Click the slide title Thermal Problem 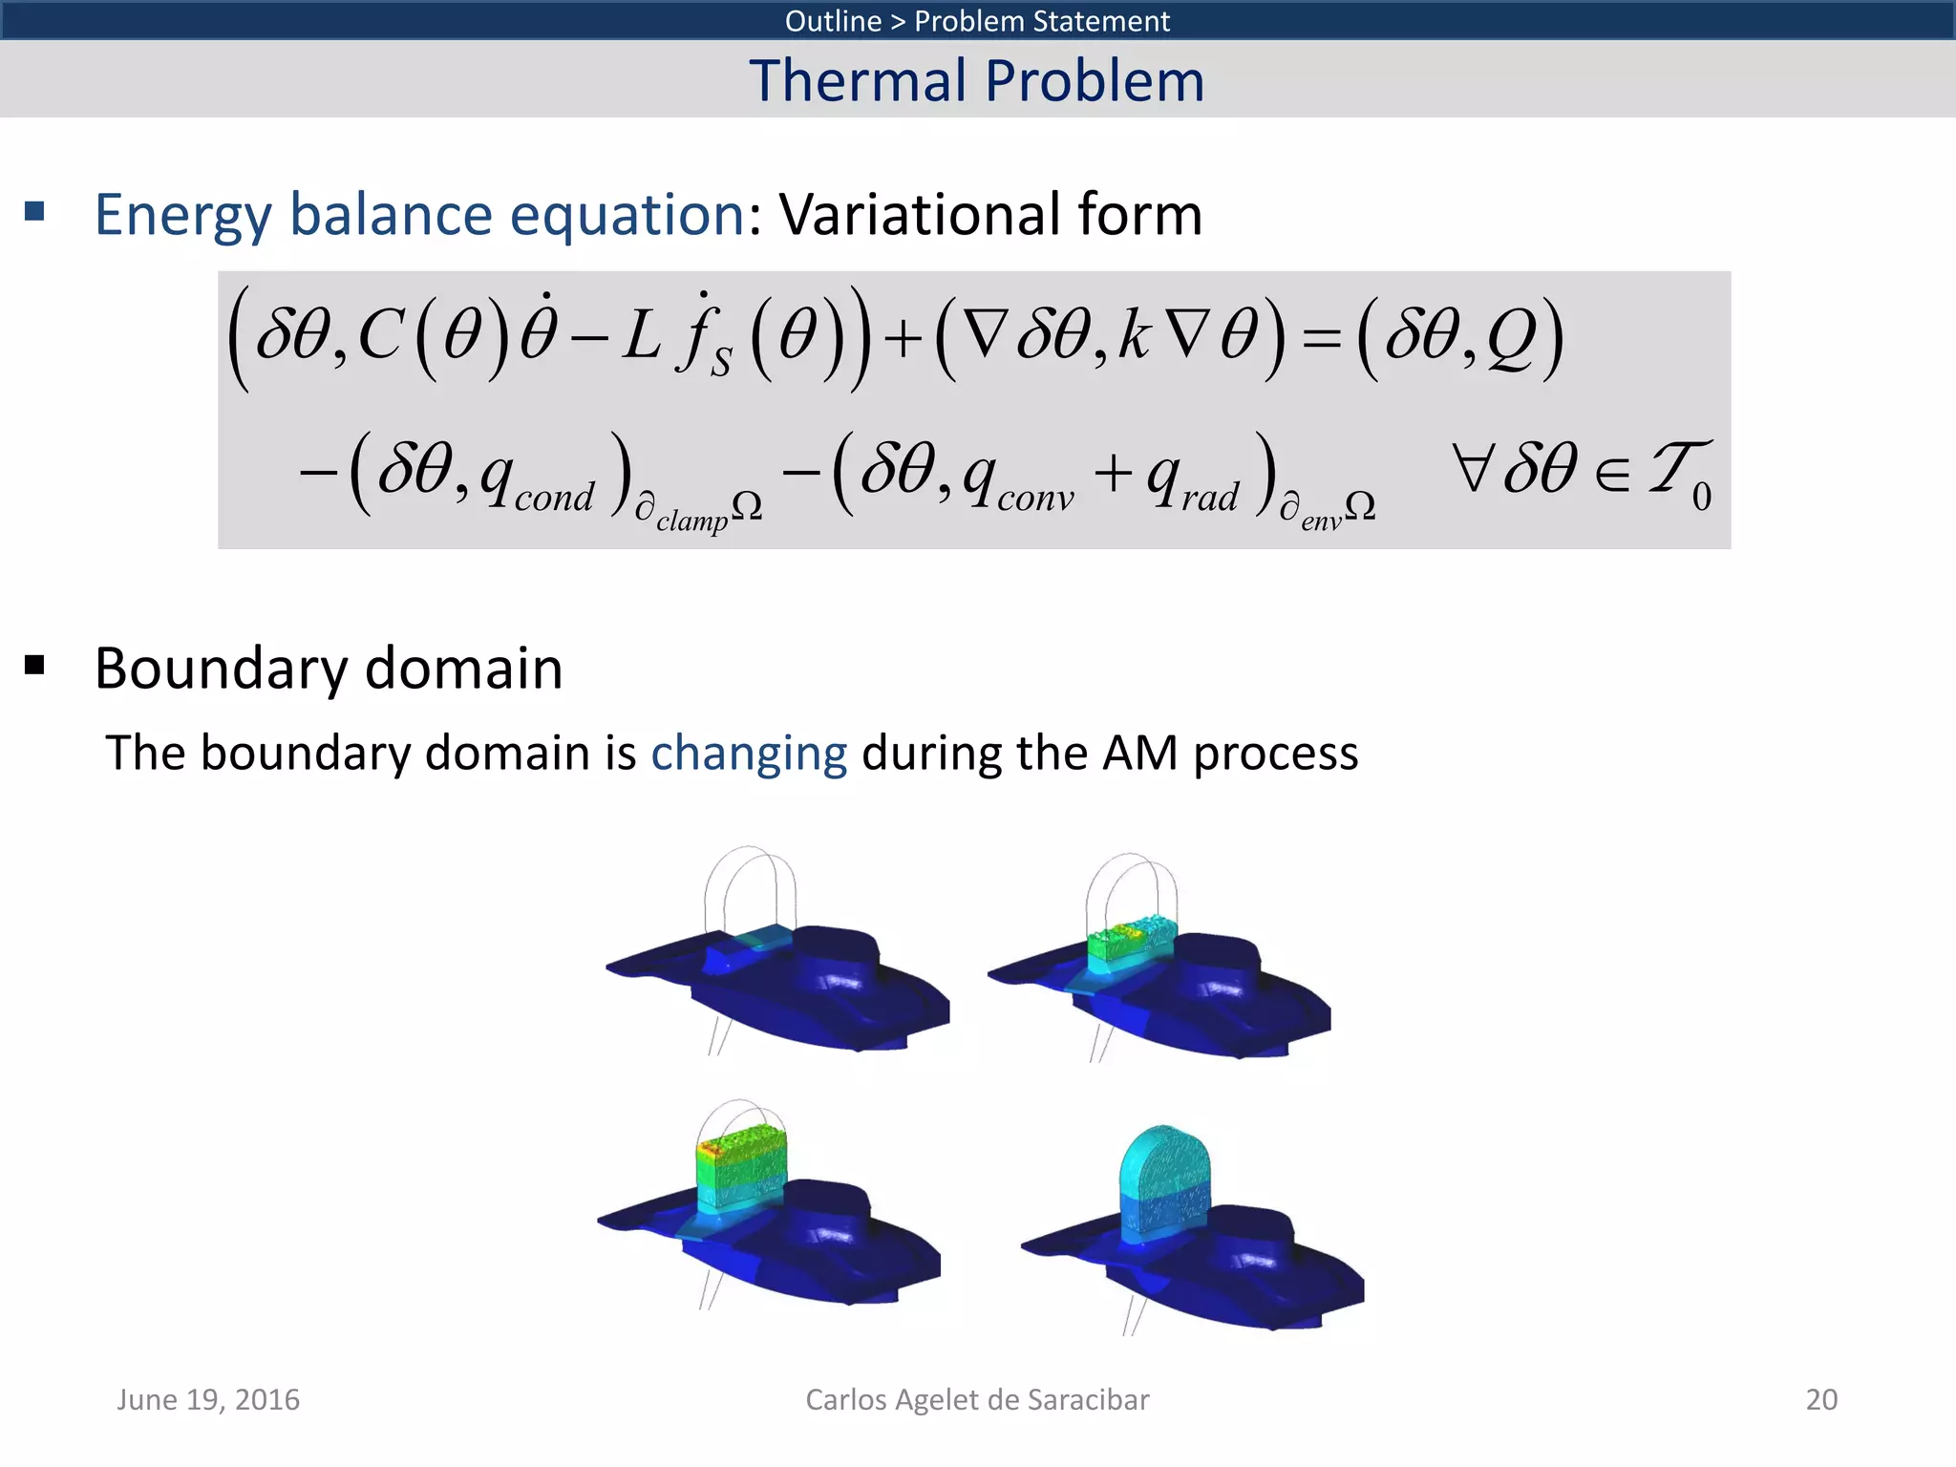(x=976, y=80)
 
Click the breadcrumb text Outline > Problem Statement (x=976, y=20)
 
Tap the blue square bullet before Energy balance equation (x=35, y=211)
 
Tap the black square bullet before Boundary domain (x=35, y=665)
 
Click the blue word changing (x=749, y=753)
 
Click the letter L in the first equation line (x=641, y=336)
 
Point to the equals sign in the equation (x=1321, y=339)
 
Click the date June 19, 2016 (x=208, y=1399)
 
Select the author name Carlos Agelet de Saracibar (x=976, y=1399)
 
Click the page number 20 (x=1820, y=1399)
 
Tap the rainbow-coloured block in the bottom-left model (x=741, y=1167)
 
